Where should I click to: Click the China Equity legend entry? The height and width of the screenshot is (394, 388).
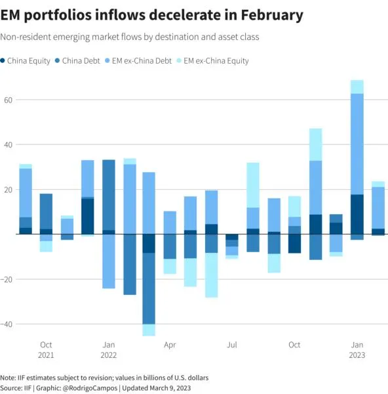point(26,61)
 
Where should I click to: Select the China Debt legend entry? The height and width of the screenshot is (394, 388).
point(77,61)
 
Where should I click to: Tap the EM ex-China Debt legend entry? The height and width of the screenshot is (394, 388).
point(138,61)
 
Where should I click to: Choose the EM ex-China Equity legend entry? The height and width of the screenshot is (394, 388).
point(213,61)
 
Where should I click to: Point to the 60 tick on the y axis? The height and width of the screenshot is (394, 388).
point(8,100)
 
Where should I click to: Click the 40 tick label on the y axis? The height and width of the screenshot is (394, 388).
point(8,144)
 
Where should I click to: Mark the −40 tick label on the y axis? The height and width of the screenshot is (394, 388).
point(7,324)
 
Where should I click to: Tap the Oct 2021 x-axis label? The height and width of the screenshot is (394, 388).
point(46,350)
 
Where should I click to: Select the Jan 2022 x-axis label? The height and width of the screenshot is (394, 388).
point(109,350)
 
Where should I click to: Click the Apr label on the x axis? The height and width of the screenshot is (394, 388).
point(170,345)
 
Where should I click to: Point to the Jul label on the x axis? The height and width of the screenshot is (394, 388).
point(232,345)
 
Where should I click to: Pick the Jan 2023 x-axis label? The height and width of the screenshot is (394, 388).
point(357,350)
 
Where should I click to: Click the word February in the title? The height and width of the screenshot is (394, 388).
point(272,15)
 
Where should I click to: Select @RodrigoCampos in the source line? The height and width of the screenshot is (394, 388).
point(90,388)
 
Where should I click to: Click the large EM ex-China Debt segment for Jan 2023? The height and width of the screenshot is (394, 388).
point(357,144)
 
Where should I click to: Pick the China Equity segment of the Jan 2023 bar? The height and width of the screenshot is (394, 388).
point(357,214)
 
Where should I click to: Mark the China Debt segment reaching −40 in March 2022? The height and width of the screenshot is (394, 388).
point(149,288)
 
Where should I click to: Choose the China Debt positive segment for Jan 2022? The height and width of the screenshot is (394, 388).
point(109,195)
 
